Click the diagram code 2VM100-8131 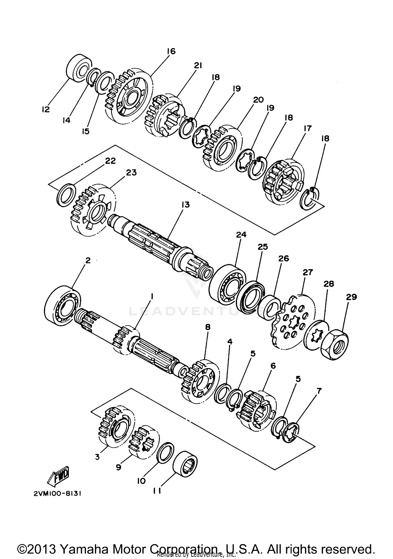(x=57, y=494)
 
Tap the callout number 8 (x=208, y=327)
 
